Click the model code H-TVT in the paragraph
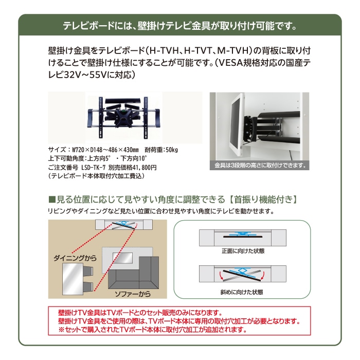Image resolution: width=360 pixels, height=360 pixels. pyautogui.click(x=199, y=52)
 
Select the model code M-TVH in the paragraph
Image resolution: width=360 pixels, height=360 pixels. pyautogui.click(x=232, y=52)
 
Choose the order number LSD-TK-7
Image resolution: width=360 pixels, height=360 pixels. pyautogui.click(x=96, y=167)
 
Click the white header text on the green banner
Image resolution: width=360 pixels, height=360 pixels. pyautogui.click(x=179, y=25)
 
